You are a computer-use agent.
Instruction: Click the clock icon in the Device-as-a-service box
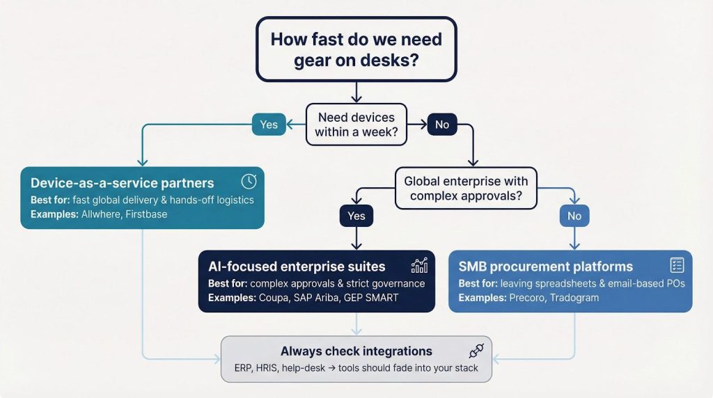click(x=249, y=182)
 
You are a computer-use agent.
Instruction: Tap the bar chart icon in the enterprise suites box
click(x=419, y=265)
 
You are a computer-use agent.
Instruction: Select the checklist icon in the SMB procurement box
click(x=677, y=265)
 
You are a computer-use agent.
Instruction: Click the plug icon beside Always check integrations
click(x=476, y=351)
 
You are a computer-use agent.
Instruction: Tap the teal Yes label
click(x=269, y=125)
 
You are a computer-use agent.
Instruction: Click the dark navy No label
click(x=442, y=125)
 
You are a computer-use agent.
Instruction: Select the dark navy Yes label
click(x=356, y=216)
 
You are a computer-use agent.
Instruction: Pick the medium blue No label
click(x=574, y=216)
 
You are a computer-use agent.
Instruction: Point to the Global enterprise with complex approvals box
click(x=466, y=189)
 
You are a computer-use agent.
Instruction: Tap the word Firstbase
click(x=148, y=215)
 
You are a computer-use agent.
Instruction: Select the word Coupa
click(x=274, y=298)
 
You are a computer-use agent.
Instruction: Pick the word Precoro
click(x=526, y=298)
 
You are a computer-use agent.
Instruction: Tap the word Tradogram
click(x=575, y=298)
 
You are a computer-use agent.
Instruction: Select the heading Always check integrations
click(x=356, y=351)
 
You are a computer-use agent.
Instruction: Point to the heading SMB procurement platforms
click(x=546, y=266)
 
